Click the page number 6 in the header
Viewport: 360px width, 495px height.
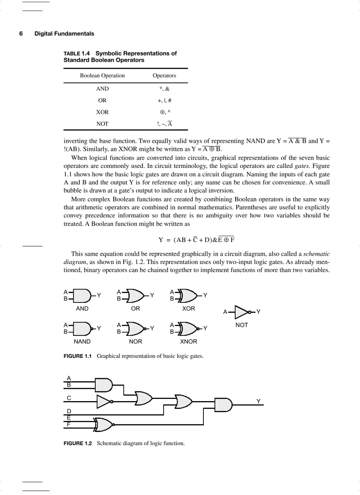(21, 33)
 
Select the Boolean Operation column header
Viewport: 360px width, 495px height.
(102, 76)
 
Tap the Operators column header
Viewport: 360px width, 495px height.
(164, 76)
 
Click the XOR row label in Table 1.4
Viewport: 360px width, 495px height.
(102, 112)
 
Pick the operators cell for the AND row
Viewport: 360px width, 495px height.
(164, 89)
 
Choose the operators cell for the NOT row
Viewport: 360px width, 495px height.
(164, 124)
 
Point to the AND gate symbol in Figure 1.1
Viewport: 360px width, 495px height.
(82, 295)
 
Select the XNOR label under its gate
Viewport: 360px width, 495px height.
(188, 342)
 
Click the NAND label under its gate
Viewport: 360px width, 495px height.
(82, 342)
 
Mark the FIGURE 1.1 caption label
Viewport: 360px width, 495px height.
(78, 356)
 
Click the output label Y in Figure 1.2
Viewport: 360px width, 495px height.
(259, 401)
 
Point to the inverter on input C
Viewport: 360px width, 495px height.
(104, 401)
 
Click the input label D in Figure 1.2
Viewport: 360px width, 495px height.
(69, 411)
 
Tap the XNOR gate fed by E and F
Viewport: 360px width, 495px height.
(104, 424)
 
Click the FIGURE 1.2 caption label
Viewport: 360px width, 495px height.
(78, 443)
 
